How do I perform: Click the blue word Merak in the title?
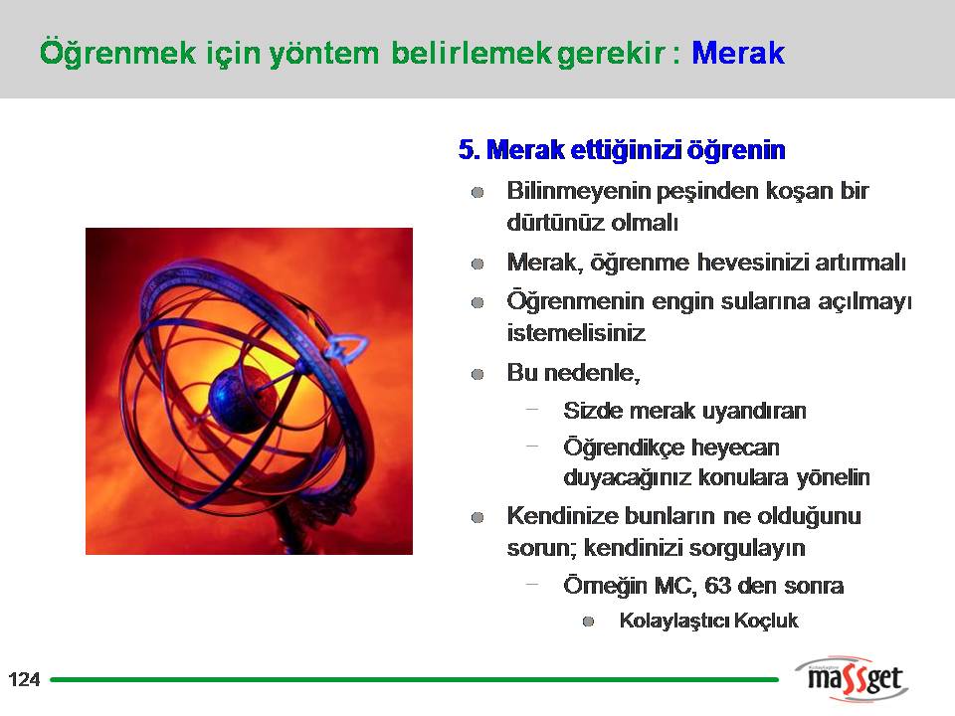738,53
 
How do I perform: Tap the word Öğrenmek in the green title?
117,54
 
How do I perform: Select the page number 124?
24,679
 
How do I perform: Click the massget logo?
853,678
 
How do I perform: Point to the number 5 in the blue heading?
466,150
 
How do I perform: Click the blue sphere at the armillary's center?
243,400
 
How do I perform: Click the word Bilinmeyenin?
579,191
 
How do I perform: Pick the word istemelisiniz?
576,334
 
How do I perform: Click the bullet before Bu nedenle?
477,374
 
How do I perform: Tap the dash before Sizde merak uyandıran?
532,410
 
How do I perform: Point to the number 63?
717,586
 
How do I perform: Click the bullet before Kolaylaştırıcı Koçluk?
588,622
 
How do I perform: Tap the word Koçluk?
766,621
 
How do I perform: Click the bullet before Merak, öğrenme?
477,265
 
